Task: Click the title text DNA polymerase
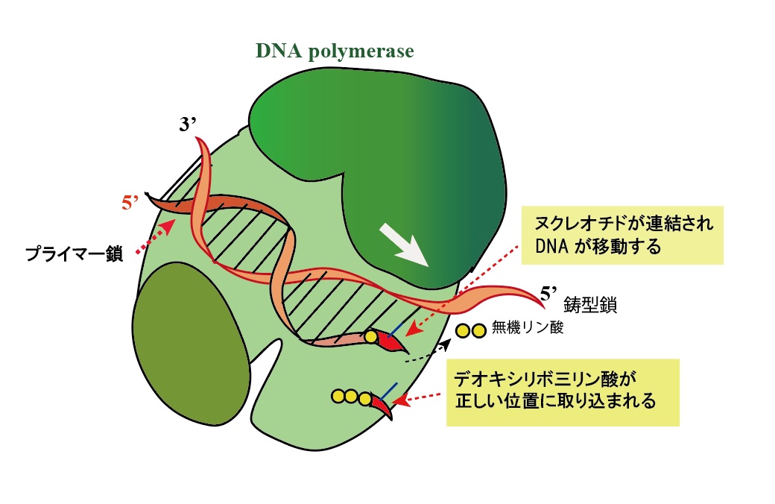click(x=335, y=51)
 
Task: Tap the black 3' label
click(x=187, y=125)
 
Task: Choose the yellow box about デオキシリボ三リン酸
click(x=563, y=392)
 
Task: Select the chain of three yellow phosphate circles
click(x=351, y=397)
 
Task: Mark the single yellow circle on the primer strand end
click(x=370, y=337)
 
